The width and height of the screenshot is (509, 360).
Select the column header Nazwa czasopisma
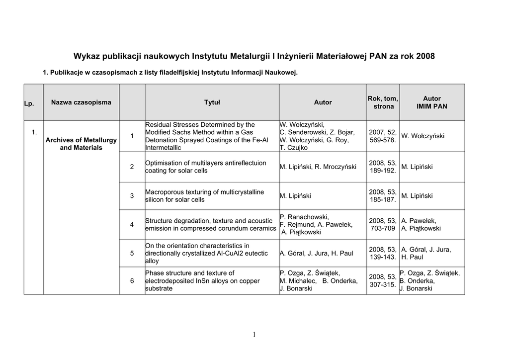click(81, 102)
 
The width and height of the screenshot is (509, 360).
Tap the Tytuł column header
click(212, 102)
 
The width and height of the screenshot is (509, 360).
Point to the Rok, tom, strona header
click(383, 102)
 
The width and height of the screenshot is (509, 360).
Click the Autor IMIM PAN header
click(431, 102)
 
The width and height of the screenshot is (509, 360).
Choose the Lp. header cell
click(29, 103)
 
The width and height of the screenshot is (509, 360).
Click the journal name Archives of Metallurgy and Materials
click(81, 144)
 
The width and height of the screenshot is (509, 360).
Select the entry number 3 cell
click(132, 196)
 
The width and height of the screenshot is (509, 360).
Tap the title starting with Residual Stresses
click(206, 136)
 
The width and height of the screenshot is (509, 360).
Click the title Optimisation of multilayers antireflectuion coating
click(205, 167)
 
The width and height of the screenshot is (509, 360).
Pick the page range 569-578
click(383, 140)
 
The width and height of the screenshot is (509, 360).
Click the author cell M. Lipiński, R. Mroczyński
click(318, 167)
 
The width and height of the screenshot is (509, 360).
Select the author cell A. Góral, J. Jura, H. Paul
click(317, 254)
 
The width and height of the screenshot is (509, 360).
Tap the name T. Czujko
click(294, 148)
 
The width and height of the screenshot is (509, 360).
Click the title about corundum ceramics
click(210, 225)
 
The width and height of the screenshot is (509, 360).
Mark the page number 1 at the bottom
click(254, 335)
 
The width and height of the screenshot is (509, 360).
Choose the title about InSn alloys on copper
click(202, 281)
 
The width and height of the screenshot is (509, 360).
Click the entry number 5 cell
click(132, 254)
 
